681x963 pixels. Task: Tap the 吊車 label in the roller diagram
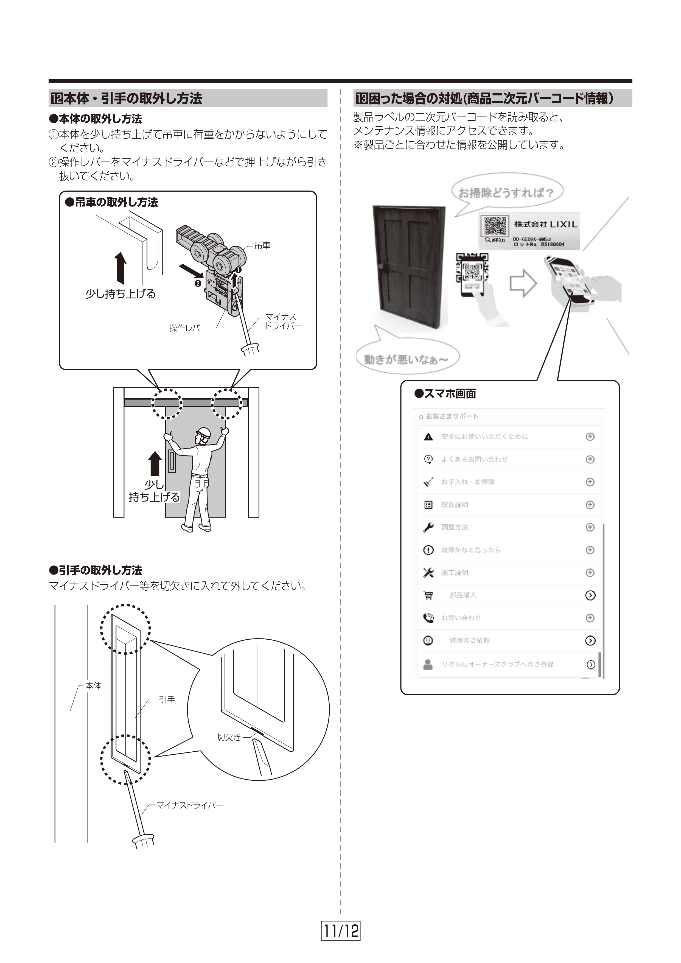[262, 245]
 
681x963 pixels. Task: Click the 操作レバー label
[188, 328]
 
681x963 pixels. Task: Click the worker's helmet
[203, 432]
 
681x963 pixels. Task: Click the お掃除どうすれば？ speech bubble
[506, 193]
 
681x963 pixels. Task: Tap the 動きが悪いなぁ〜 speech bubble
[406, 359]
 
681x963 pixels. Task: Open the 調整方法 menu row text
[454, 527]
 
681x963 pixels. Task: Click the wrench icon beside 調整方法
[428, 527]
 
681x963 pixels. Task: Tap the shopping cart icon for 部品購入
[428, 595]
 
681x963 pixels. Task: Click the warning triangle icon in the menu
[428, 437]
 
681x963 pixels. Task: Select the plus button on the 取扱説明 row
[590, 505]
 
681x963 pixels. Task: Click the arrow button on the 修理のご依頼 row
[590, 640]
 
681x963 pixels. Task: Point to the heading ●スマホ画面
[445, 393]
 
